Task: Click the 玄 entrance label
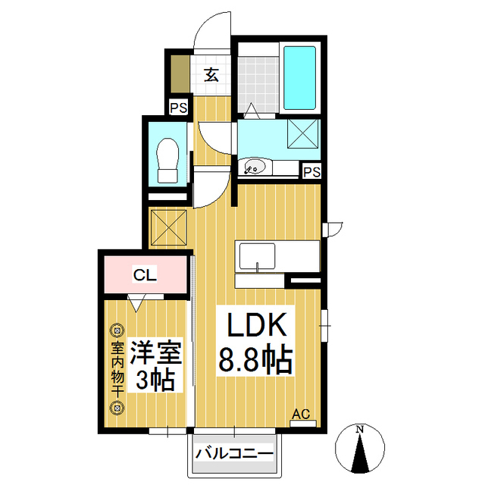click(211, 74)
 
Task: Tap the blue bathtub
click(299, 77)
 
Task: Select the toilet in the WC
click(168, 160)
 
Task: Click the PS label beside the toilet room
click(179, 108)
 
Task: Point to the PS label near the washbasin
click(311, 172)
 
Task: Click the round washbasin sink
click(255, 167)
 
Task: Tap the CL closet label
click(145, 274)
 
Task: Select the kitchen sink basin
click(258, 256)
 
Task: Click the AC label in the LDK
click(302, 414)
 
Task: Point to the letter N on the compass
click(359, 430)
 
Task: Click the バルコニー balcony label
click(234, 454)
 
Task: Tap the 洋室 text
click(156, 353)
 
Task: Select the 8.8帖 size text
click(255, 360)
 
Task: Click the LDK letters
click(256, 324)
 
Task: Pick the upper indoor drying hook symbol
click(117, 330)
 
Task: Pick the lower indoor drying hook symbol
click(117, 408)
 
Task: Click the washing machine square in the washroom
click(302, 133)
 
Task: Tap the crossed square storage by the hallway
click(168, 228)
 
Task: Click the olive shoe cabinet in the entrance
click(180, 74)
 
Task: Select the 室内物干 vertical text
click(117, 369)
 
